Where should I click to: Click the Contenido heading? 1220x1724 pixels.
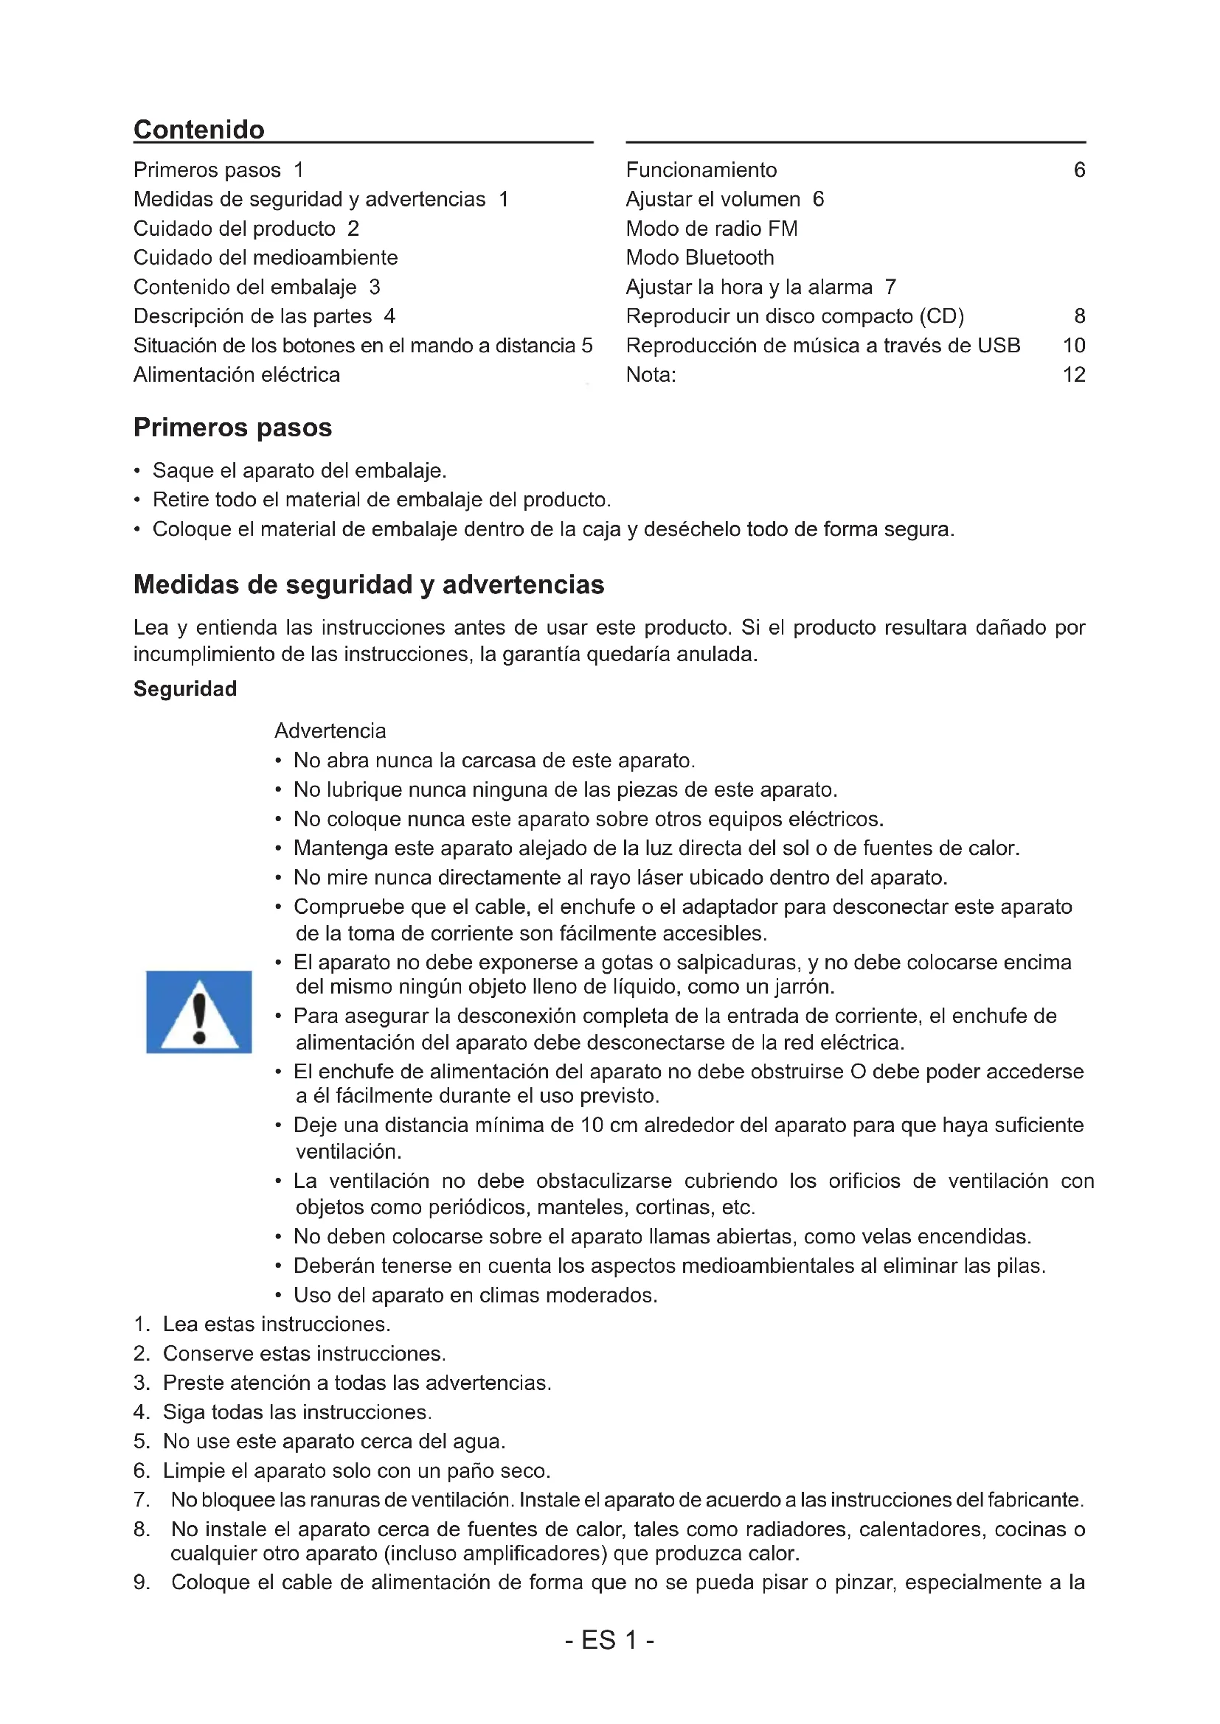tap(199, 129)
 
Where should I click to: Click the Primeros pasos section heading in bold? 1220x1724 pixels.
tap(232, 427)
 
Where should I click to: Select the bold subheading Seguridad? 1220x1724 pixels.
tap(185, 688)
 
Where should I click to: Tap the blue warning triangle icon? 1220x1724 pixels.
tap(199, 1011)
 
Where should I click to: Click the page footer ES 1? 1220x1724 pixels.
tap(609, 1640)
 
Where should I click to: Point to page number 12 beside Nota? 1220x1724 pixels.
tap(1073, 374)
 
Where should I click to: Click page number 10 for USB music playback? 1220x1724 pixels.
tap(1073, 346)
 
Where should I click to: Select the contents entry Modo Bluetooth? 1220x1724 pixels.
tap(699, 257)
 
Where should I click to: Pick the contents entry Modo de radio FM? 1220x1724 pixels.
tap(711, 228)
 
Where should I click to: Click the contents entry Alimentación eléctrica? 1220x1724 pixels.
tap(237, 374)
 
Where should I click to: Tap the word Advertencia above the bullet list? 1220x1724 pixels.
tap(330, 730)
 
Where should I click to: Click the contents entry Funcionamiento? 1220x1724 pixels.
tap(701, 170)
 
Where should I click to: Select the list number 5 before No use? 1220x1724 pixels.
tap(141, 1441)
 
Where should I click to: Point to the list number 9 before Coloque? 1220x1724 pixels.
tap(141, 1582)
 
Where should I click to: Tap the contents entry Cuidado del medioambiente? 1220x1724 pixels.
tap(266, 257)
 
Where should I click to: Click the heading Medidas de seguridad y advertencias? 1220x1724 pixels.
tap(368, 584)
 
